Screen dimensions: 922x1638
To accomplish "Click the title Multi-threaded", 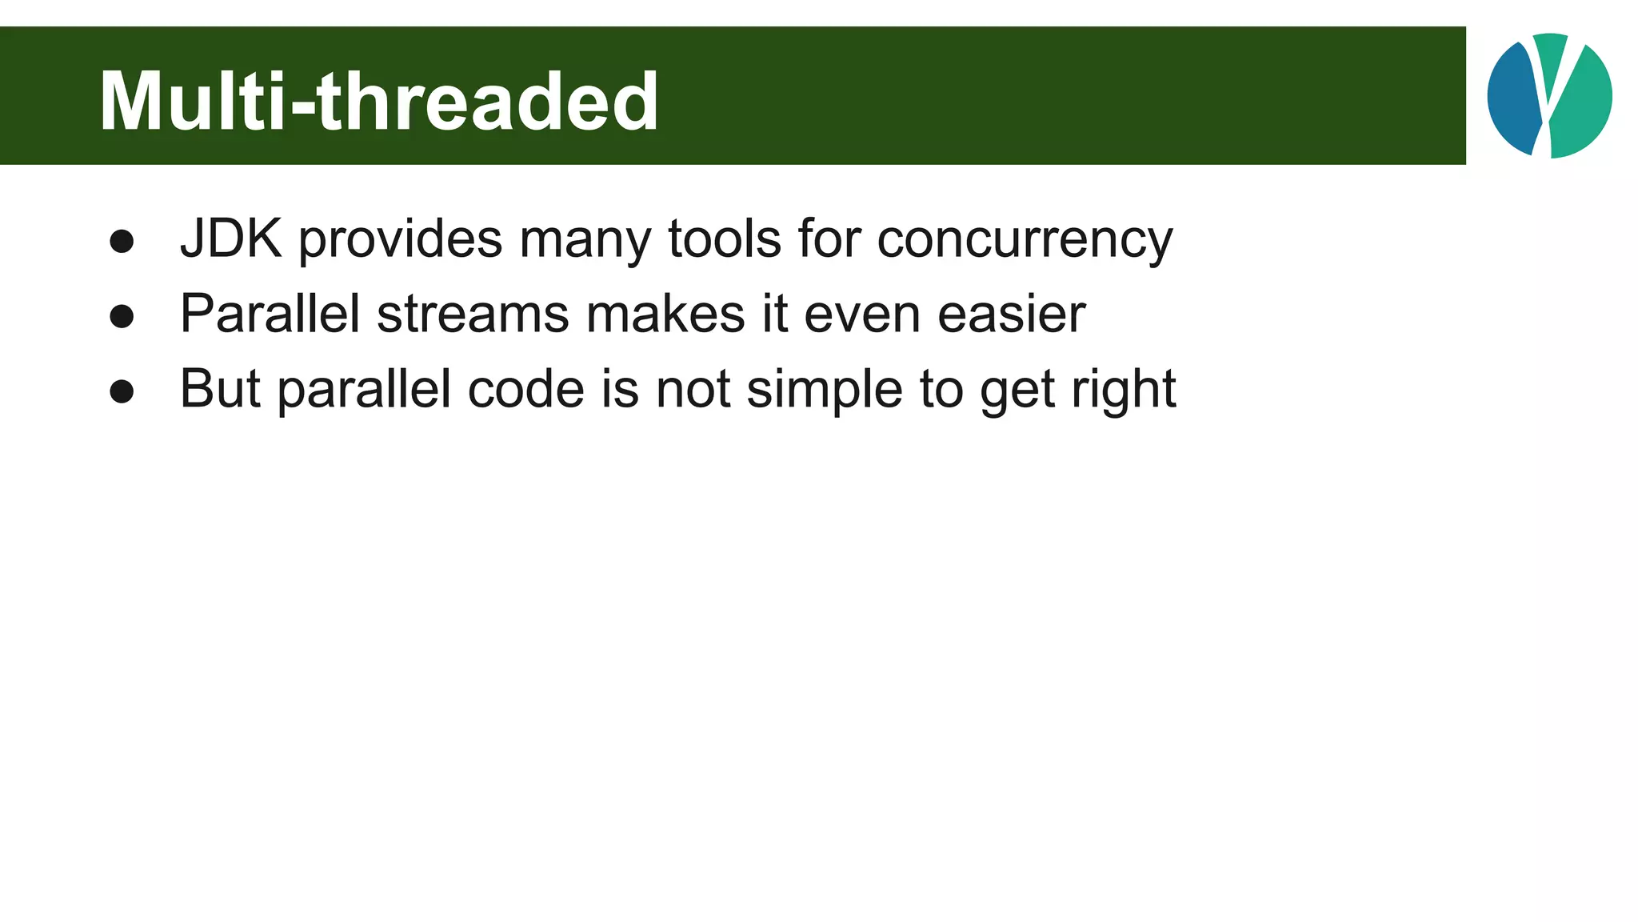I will pos(378,102).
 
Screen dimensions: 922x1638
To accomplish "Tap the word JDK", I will pos(230,239).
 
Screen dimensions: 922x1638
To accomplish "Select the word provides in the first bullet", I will pos(401,240).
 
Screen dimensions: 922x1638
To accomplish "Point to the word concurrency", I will pos(1025,240).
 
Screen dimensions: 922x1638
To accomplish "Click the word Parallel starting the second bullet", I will pos(270,313).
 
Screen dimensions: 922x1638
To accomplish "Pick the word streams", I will pos(473,315).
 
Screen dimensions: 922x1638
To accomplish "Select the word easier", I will pos(1011,313).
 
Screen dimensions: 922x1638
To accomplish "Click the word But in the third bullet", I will pos(220,389).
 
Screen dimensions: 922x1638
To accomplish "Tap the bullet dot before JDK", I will pos(122,243).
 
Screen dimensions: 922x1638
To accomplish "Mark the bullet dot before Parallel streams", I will pos(122,317).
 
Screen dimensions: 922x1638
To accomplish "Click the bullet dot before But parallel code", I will pos(122,392).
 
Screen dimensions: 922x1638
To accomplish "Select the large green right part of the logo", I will pos(1584,104).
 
